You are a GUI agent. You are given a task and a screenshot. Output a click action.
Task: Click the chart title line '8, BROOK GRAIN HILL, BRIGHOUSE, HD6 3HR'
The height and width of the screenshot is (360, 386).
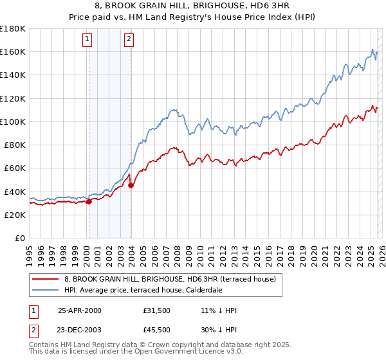(x=192, y=6)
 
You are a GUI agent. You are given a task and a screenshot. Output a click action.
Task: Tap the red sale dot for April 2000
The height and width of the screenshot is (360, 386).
(x=89, y=201)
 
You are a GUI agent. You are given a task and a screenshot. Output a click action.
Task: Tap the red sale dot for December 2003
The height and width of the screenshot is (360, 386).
(x=131, y=185)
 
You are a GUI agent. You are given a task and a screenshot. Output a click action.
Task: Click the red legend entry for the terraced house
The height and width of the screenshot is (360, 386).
(x=170, y=279)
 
